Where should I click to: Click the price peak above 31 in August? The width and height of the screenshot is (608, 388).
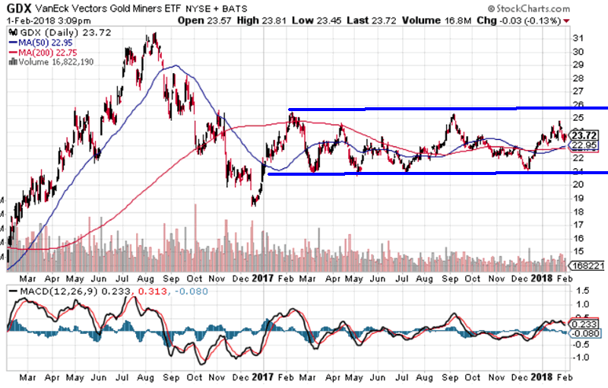tap(155, 34)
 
